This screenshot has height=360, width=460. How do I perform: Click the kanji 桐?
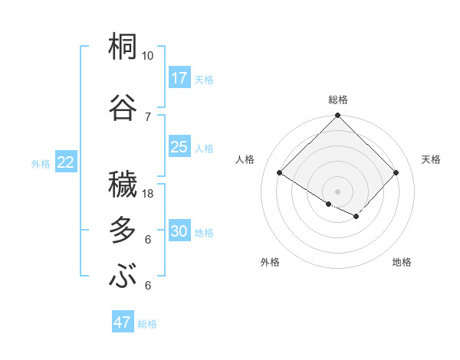(x=123, y=47)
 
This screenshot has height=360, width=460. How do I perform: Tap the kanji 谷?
(x=123, y=106)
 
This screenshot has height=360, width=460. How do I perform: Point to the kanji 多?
(x=123, y=230)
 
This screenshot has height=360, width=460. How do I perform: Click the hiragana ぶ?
(x=123, y=276)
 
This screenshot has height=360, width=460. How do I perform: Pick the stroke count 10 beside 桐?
(x=147, y=57)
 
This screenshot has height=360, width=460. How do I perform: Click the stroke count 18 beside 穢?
(x=148, y=194)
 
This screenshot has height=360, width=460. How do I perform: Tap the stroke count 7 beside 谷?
(x=148, y=116)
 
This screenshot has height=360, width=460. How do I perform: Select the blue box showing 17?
(x=179, y=78)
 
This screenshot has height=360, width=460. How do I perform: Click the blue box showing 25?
(x=179, y=147)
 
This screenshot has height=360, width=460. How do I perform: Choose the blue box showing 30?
(x=179, y=231)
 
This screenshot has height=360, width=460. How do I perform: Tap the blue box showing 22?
(x=66, y=162)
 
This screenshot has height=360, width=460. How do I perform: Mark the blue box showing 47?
(x=123, y=322)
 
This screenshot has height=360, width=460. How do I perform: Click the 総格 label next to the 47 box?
(x=148, y=324)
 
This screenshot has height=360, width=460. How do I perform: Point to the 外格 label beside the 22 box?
(x=41, y=163)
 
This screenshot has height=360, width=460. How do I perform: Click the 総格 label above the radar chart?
(x=338, y=100)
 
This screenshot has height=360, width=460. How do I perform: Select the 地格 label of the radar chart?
(x=402, y=262)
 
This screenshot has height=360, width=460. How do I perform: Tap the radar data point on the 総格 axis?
(x=337, y=116)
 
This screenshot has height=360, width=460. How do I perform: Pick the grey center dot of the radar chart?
(x=337, y=190)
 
